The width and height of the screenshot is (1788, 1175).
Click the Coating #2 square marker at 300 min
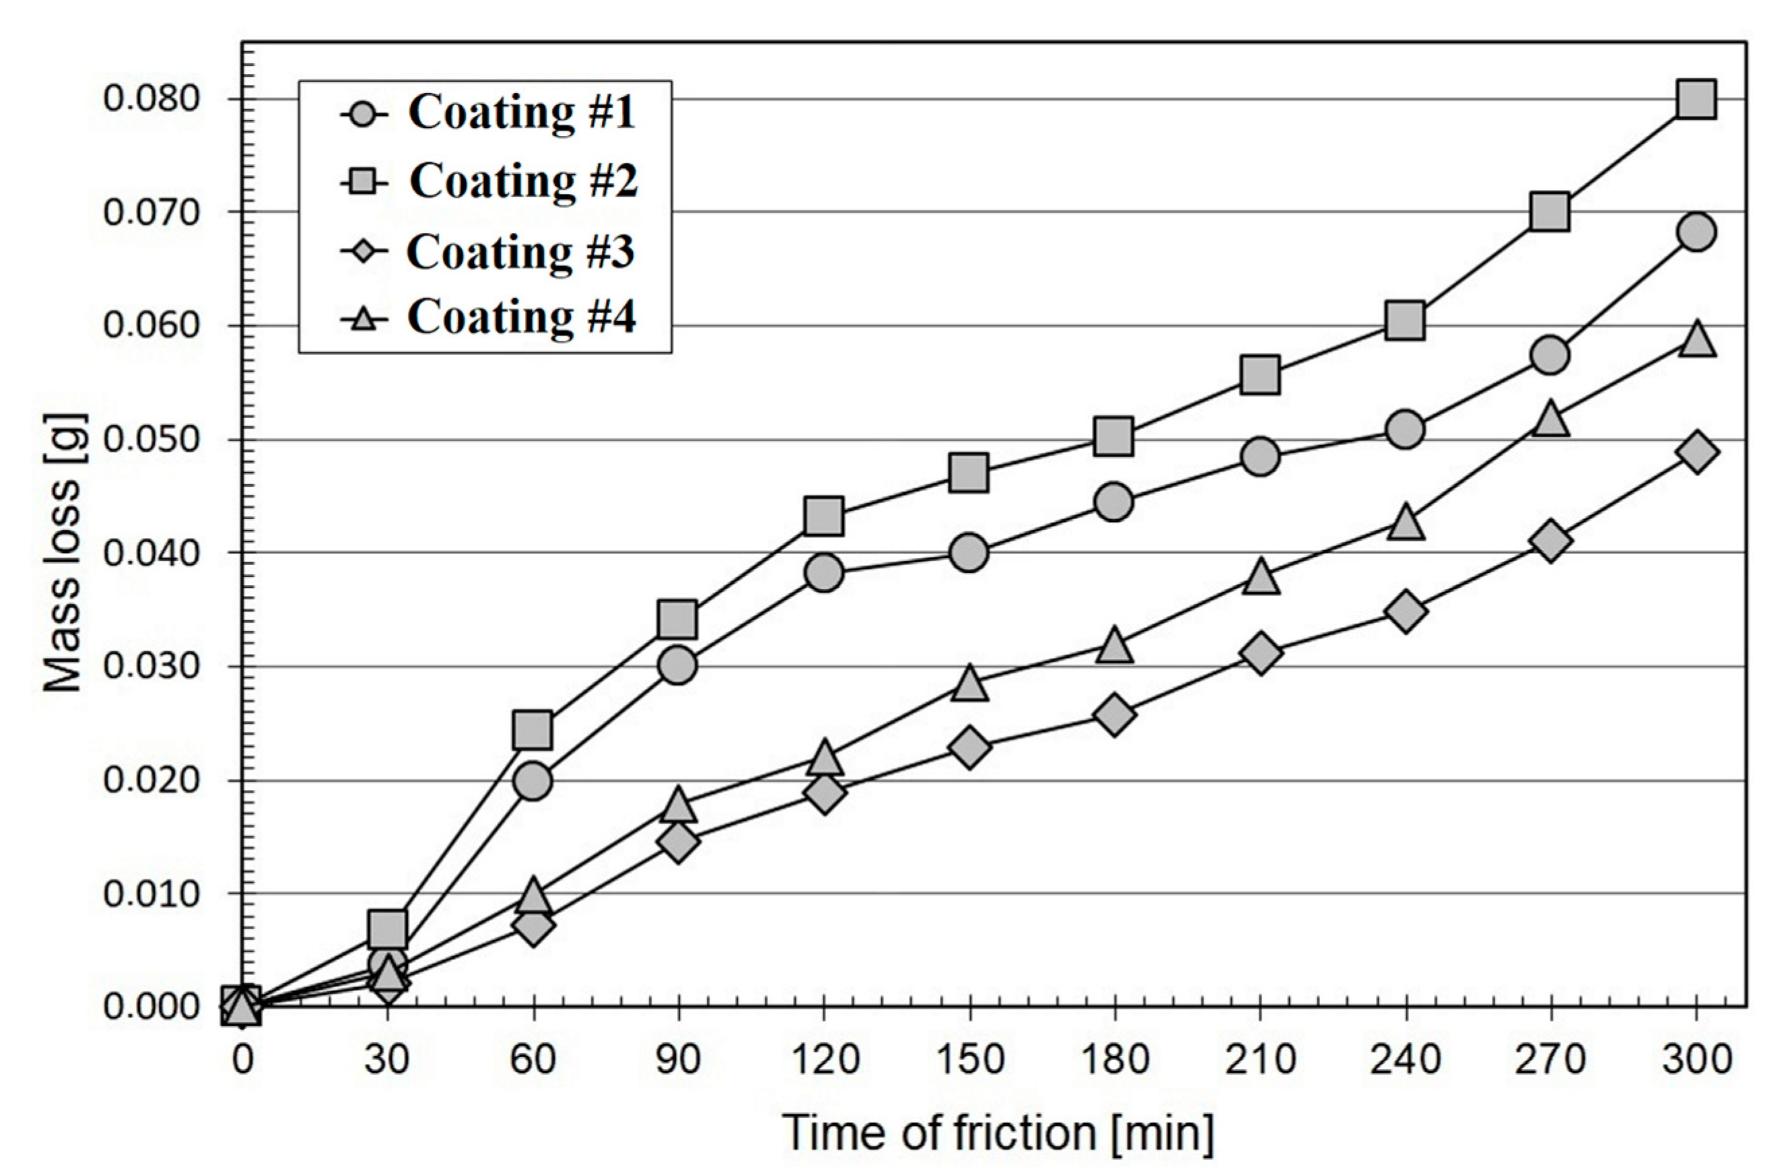1696,99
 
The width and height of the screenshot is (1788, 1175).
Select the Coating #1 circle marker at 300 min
1696,232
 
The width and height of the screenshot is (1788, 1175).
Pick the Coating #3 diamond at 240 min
1406,611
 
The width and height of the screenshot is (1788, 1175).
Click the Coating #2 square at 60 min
532,729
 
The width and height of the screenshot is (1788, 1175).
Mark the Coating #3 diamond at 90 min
678,842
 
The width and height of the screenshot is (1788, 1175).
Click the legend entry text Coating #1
521,112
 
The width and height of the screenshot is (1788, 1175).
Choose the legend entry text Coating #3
520,252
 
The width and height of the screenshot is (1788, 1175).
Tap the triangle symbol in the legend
364,319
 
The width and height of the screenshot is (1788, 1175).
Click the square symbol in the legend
364,182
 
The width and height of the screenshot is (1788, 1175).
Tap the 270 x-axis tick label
1550,1060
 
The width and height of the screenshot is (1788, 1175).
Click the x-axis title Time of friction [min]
998,1131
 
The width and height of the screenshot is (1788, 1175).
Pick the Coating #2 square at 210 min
1260,374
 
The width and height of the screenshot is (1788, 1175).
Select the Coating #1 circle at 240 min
1406,430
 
